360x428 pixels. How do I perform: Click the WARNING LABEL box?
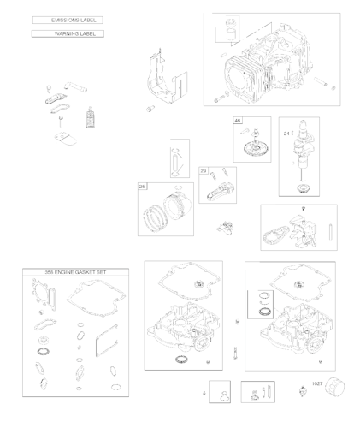pyautogui.click(x=67, y=33)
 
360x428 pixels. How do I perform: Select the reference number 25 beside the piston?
pyautogui.click(x=143, y=186)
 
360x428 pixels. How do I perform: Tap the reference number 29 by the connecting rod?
pyautogui.click(x=204, y=171)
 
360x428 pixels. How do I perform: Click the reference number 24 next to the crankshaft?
pyautogui.click(x=287, y=133)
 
